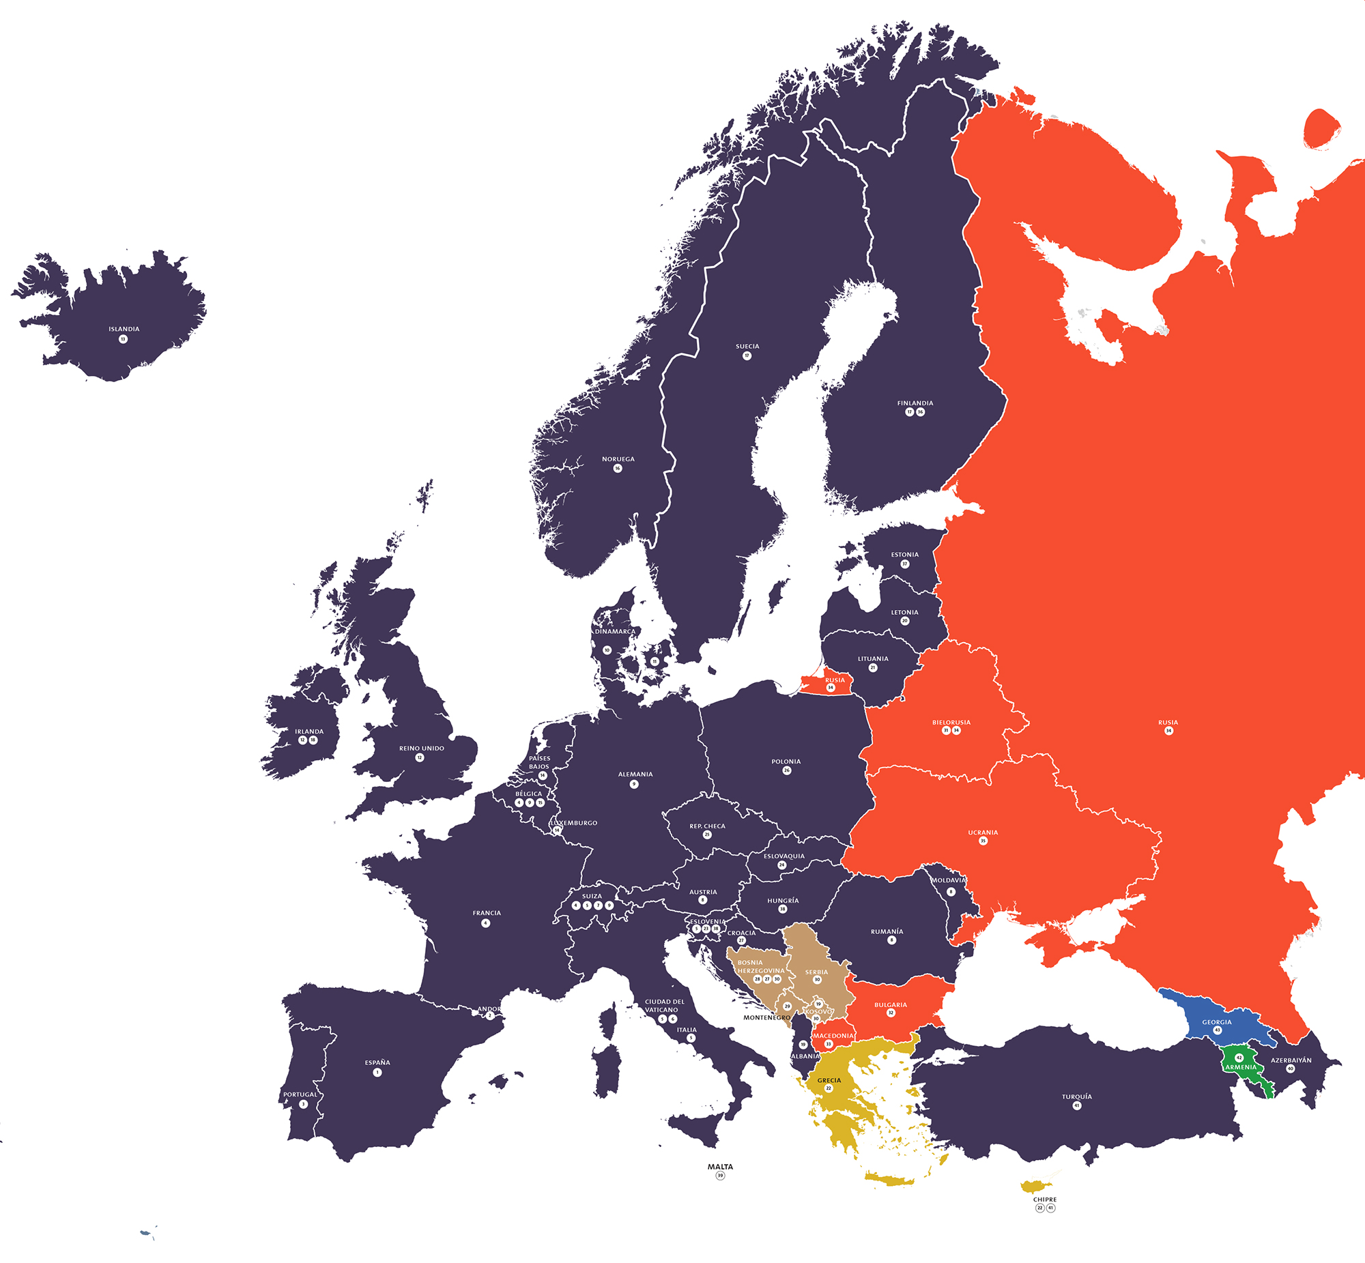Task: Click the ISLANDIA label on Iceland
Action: [124, 329]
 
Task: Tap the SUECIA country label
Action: [747, 346]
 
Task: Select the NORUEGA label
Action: [618, 459]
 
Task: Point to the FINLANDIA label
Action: [915, 403]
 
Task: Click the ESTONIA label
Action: [904, 554]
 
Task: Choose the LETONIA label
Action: [904, 611]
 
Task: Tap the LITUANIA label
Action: [873, 658]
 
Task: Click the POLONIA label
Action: [786, 761]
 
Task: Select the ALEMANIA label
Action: [635, 774]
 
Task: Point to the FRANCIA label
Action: [487, 912]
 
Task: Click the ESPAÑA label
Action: [377, 1062]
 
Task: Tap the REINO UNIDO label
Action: [422, 748]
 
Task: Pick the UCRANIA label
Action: [983, 832]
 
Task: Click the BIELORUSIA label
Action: [951, 722]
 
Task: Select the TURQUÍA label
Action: [1076, 1097]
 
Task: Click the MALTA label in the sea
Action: [720, 1167]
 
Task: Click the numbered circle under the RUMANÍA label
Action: [891, 940]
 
